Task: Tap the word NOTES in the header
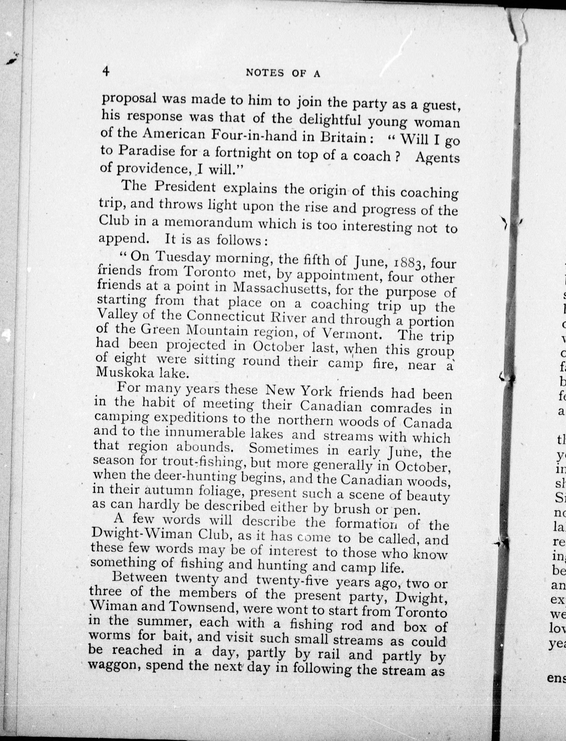[x=265, y=73]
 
